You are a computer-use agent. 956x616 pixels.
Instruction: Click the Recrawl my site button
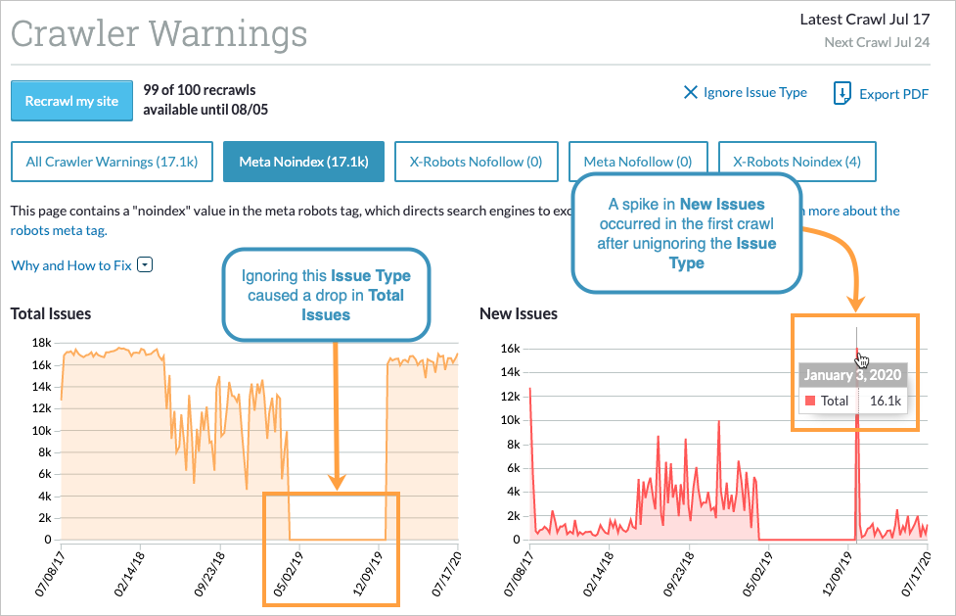point(71,101)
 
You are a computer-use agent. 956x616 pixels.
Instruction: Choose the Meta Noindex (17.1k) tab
point(303,162)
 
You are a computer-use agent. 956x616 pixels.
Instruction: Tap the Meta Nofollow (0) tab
point(637,162)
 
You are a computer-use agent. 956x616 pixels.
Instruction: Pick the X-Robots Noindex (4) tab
point(797,162)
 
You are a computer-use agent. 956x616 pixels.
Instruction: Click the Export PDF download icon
point(842,94)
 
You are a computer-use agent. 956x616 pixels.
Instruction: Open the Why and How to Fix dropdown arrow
point(145,265)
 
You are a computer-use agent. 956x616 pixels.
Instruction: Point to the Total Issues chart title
point(51,314)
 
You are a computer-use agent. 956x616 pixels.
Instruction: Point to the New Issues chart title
point(519,314)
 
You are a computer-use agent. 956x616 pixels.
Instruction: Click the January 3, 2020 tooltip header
point(853,375)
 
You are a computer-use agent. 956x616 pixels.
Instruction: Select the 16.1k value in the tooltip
point(885,401)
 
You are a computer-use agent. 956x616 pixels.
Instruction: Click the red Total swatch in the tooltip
point(809,401)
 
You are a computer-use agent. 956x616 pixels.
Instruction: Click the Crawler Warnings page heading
point(159,34)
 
